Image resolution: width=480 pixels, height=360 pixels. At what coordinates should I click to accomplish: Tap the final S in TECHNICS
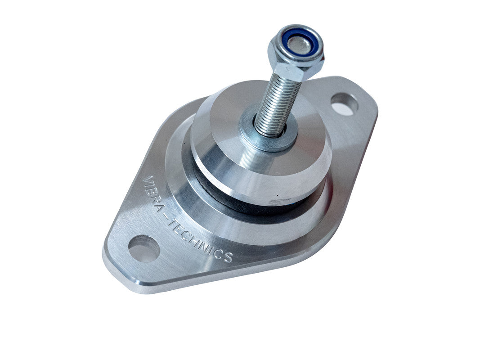pos(228,257)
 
